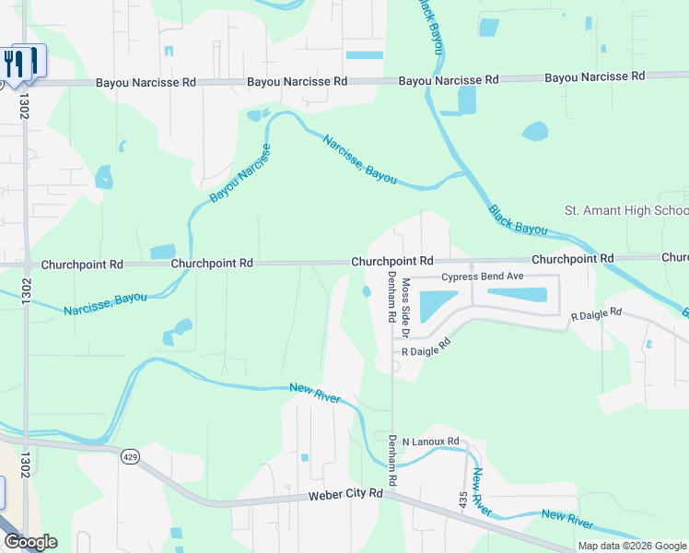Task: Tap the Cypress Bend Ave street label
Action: click(x=482, y=276)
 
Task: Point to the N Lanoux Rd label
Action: click(x=430, y=441)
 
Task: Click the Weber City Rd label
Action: click(x=344, y=495)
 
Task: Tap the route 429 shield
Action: click(x=130, y=454)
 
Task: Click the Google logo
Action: click(x=29, y=542)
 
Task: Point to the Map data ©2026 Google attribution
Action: click(x=632, y=546)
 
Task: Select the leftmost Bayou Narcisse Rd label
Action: click(x=146, y=82)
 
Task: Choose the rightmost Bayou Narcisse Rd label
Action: click(x=594, y=77)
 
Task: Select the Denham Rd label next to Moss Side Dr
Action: click(x=391, y=298)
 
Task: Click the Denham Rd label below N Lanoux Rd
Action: click(x=391, y=460)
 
